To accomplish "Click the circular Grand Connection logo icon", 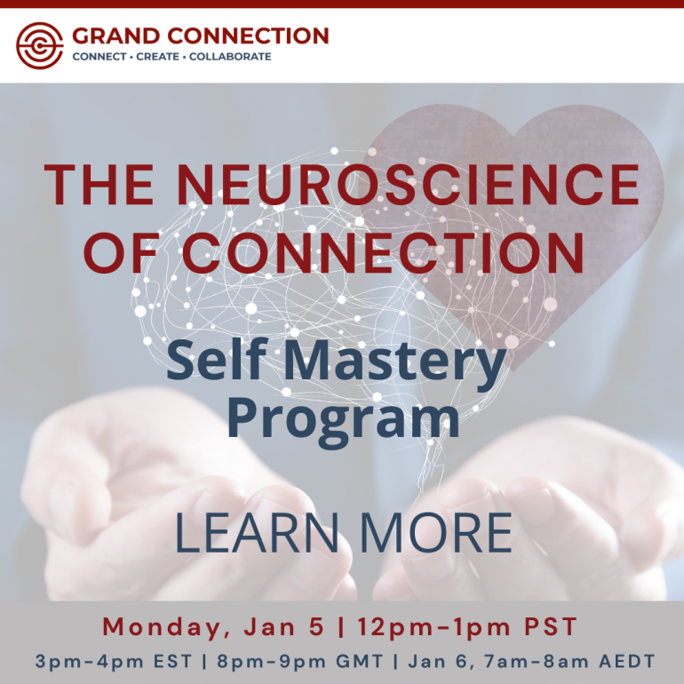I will coord(40,44).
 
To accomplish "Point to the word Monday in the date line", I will coord(162,627).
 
